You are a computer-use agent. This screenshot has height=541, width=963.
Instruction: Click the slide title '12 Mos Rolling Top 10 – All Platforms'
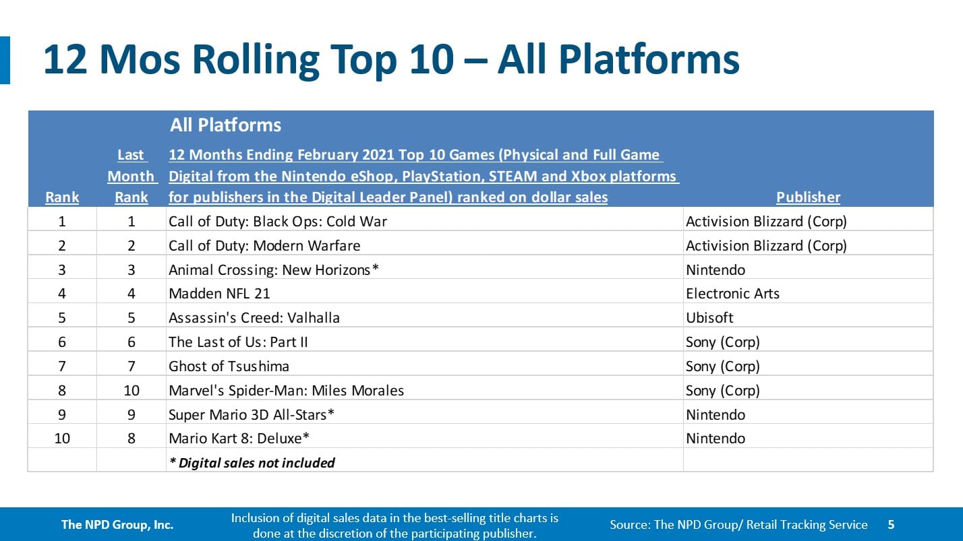click(x=391, y=60)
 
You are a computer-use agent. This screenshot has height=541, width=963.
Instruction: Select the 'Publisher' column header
click(x=808, y=197)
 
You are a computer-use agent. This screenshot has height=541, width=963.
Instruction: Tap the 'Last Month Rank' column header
click(x=132, y=176)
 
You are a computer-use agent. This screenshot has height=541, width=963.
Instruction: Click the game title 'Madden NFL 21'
click(x=219, y=294)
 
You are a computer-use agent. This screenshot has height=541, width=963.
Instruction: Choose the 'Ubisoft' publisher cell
click(x=709, y=318)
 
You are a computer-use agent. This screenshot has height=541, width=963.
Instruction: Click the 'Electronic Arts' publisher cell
click(x=732, y=294)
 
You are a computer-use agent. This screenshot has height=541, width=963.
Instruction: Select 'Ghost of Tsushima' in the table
click(x=229, y=367)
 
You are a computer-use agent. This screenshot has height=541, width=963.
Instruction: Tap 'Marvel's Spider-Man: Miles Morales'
click(x=287, y=390)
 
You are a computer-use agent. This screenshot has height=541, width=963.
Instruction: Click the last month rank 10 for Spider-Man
click(x=132, y=390)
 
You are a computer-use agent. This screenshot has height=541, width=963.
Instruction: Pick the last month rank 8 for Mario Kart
click(x=132, y=439)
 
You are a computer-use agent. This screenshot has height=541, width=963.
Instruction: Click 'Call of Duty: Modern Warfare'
click(x=264, y=246)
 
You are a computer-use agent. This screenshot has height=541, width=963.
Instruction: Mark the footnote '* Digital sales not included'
click(x=252, y=463)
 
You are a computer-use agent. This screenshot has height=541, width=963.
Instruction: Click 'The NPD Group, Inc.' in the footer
click(x=117, y=525)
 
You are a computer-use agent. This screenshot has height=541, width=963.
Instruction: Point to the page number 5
click(x=892, y=525)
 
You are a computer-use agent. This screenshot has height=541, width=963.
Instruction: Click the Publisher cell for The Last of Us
click(x=723, y=342)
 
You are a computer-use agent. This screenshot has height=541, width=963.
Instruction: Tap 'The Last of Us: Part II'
click(x=238, y=342)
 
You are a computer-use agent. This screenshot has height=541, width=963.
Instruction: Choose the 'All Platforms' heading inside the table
click(x=225, y=125)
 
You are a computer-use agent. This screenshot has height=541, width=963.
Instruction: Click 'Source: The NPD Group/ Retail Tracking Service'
click(x=738, y=525)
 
